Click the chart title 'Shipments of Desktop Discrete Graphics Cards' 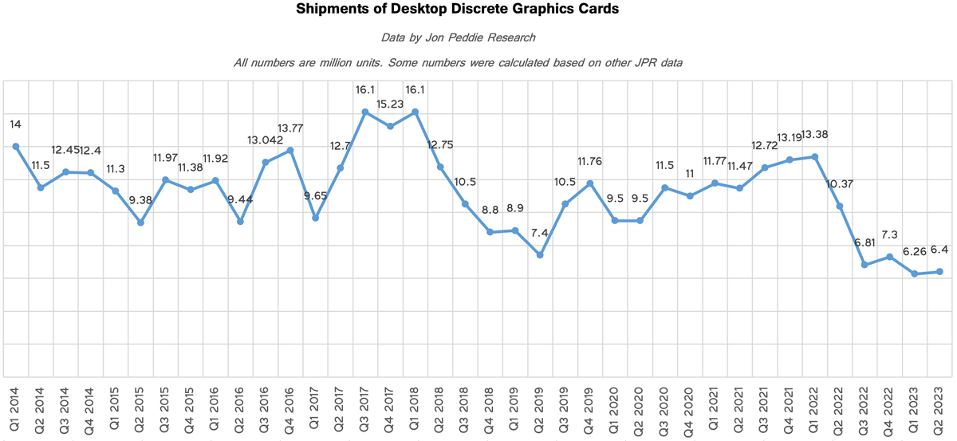458,9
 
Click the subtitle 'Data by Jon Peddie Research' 458,37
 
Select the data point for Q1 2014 16,147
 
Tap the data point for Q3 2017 365,112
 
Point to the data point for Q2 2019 540,255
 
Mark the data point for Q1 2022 815,157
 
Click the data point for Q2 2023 939,272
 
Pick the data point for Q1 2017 315,218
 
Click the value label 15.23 390,104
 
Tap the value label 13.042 266,140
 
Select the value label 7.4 540,233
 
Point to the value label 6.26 914,252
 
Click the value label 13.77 290,128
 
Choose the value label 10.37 840,184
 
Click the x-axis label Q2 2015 140,410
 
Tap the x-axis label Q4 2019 589,411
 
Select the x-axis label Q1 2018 414,408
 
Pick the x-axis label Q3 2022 864,410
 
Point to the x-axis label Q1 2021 714,408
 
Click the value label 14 15,124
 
